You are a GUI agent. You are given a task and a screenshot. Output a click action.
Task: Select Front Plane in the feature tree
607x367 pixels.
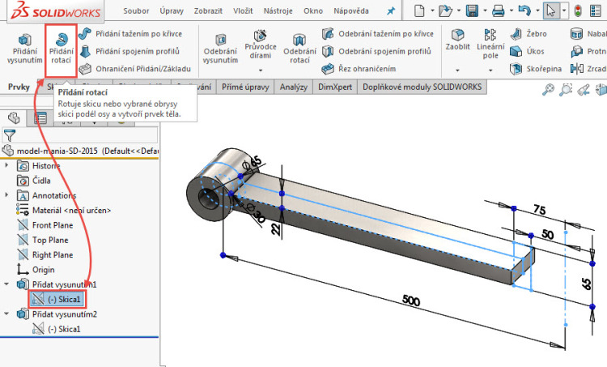click(52, 225)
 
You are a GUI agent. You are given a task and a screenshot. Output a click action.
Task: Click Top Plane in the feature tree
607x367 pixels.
click(49, 240)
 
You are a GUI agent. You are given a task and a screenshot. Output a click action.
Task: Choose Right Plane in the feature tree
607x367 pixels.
click(52, 254)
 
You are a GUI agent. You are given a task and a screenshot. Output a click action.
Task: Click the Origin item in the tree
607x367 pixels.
click(45, 269)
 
